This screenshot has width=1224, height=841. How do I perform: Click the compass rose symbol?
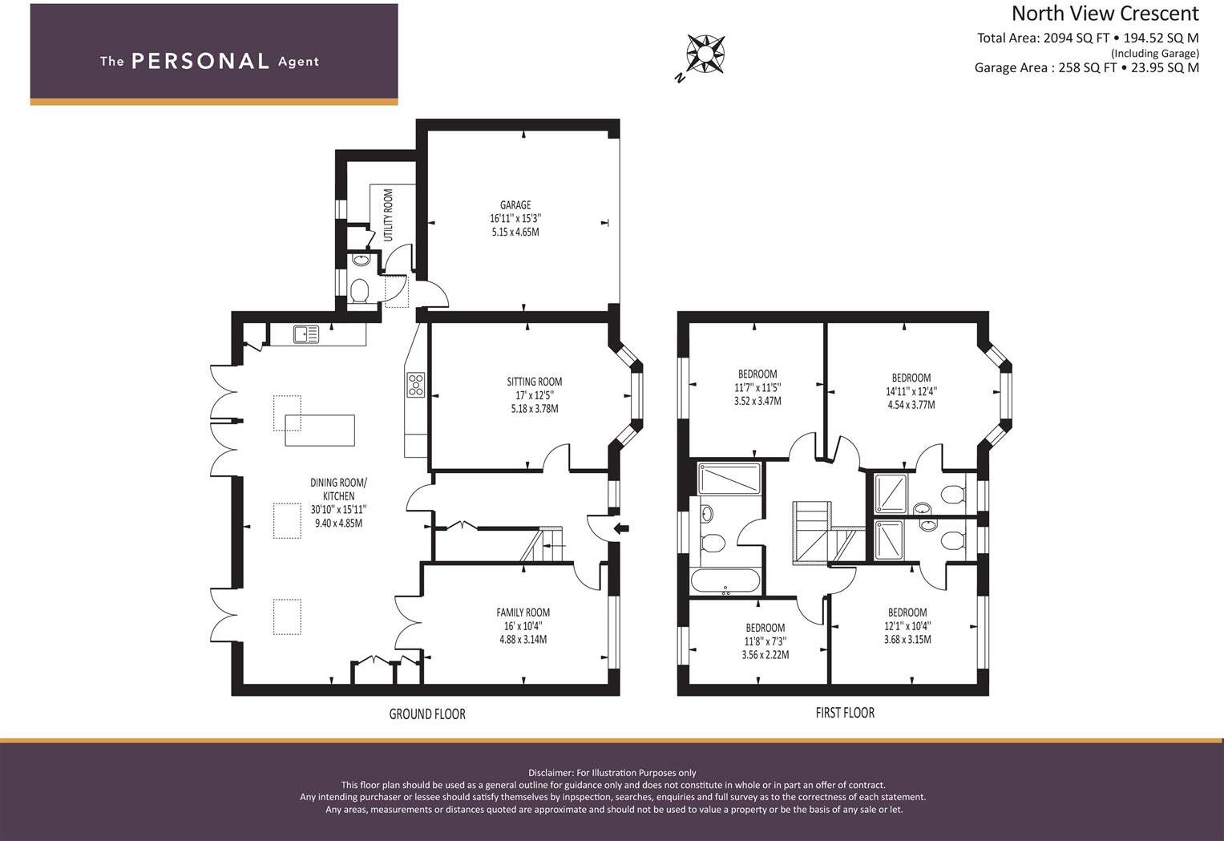(705, 54)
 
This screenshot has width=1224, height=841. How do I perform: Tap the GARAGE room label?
(515, 205)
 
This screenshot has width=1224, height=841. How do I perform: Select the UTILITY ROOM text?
(389, 215)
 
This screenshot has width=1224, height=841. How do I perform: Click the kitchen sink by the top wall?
(306, 334)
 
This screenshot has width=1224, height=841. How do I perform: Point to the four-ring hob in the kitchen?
(416, 384)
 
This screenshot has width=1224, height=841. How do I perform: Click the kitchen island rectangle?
(320, 430)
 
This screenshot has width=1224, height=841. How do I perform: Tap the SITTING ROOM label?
(535, 382)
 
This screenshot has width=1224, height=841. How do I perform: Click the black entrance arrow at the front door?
(622, 528)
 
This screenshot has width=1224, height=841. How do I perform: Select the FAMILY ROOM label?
(523, 613)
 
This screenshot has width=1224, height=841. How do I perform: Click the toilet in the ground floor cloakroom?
(359, 291)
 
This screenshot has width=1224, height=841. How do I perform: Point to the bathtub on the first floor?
(725, 581)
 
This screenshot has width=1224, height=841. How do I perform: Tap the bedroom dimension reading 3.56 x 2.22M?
(765, 655)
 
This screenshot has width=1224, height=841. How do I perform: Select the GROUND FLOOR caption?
(427, 714)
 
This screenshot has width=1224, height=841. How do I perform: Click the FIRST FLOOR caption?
(845, 713)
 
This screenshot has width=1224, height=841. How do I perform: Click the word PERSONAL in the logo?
(200, 61)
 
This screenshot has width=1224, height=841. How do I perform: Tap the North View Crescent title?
(1105, 14)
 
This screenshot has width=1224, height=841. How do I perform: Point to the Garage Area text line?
(1087, 68)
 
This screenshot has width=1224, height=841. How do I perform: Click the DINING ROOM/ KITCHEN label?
(339, 490)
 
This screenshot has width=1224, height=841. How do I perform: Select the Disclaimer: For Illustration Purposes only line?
(612, 773)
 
